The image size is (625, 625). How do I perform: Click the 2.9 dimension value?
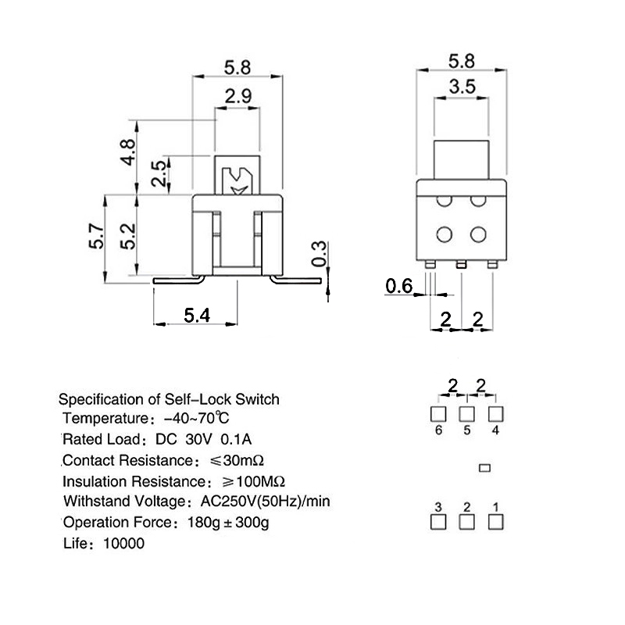(x=238, y=96)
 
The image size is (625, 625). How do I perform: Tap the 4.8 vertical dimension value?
(x=128, y=152)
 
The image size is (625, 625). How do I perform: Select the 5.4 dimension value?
(x=197, y=316)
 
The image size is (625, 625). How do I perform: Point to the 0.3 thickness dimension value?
(x=319, y=254)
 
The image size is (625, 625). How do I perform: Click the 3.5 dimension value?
(x=462, y=87)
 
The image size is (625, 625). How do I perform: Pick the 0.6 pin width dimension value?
(x=399, y=286)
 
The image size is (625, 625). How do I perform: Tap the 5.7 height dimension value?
(x=96, y=237)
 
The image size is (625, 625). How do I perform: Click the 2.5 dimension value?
(x=159, y=173)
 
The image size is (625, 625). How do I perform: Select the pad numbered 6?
(x=438, y=414)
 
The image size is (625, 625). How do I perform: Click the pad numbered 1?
(x=495, y=522)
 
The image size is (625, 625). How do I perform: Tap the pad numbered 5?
(x=466, y=414)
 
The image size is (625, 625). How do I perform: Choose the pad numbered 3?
(x=438, y=522)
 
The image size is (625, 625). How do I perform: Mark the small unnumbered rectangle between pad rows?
(x=484, y=468)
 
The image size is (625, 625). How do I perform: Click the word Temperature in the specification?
(x=105, y=419)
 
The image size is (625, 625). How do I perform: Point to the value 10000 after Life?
(x=123, y=543)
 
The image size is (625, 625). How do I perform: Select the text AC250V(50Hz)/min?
(x=265, y=501)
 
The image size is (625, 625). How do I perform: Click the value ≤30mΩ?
(x=237, y=460)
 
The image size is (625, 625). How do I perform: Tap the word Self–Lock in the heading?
(x=198, y=399)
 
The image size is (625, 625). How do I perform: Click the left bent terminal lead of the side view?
(x=179, y=280)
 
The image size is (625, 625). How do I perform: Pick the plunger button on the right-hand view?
(x=461, y=160)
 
